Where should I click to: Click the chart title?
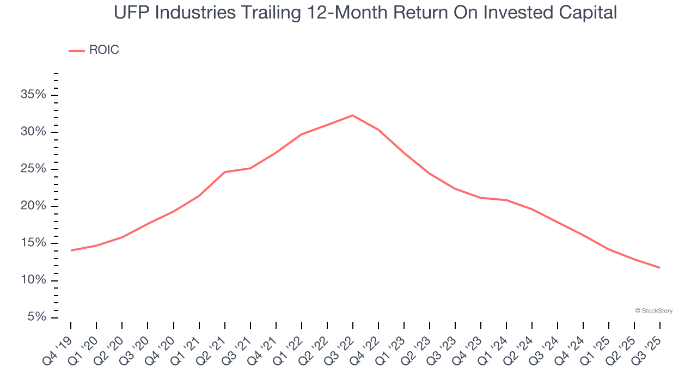click(x=365, y=12)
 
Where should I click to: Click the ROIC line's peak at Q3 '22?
click(x=353, y=115)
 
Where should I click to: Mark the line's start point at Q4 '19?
click(x=71, y=250)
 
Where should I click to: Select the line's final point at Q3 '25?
click(x=659, y=267)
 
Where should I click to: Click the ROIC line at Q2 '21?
click(x=224, y=172)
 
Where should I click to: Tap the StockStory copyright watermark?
click(x=653, y=311)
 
